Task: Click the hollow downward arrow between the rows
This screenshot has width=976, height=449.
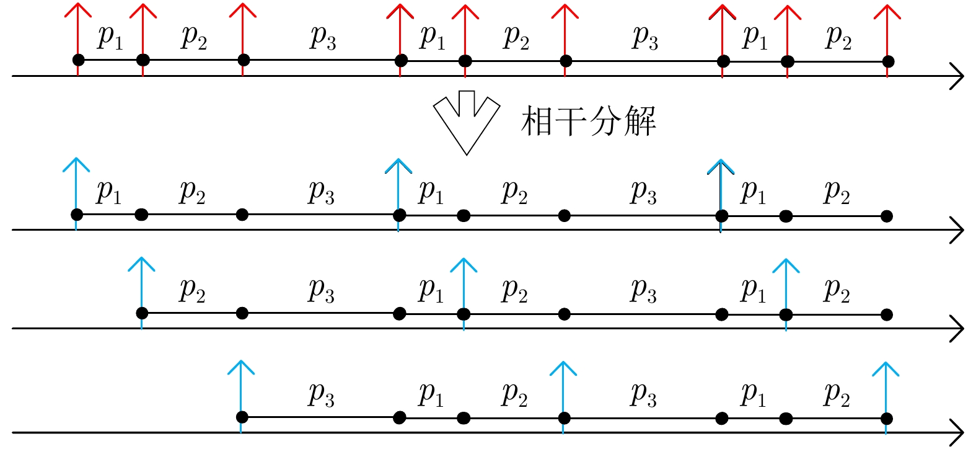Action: click(x=466, y=120)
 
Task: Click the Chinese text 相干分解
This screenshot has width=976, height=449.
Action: click(x=588, y=120)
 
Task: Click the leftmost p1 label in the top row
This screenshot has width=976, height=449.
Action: click(x=110, y=37)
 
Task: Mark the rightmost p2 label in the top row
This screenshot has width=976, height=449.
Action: click(x=838, y=37)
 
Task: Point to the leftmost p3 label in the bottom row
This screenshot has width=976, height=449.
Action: click(x=321, y=394)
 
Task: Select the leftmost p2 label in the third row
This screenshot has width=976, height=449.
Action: click(x=192, y=290)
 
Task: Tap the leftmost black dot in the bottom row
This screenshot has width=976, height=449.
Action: click(x=242, y=417)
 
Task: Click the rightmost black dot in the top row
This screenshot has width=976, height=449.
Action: click(x=887, y=61)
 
